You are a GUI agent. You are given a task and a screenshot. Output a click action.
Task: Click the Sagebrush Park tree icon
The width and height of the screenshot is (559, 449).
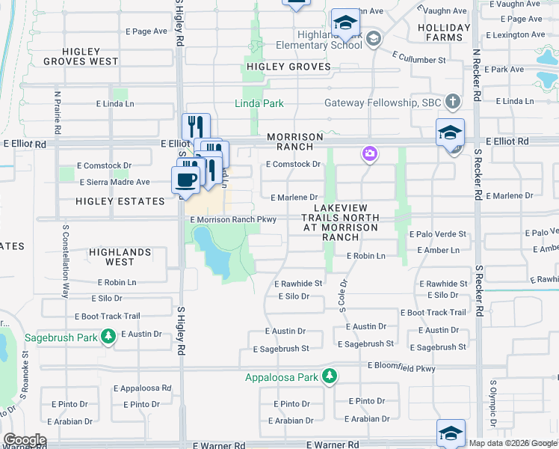pyautogui.click(x=109, y=337)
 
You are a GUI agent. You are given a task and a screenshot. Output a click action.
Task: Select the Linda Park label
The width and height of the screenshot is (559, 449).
pyautogui.click(x=259, y=103)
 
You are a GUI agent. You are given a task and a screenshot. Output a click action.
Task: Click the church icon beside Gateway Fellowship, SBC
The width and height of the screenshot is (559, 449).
pyautogui.click(x=452, y=101)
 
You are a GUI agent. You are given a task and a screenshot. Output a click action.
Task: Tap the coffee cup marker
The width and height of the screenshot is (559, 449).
pyautogui.click(x=185, y=180)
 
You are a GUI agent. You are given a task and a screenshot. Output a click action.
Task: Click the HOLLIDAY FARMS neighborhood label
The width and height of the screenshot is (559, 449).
pyautogui.click(x=444, y=33)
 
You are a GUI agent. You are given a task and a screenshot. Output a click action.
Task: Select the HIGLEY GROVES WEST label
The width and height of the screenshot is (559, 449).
pyautogui.click(x=81, y=56)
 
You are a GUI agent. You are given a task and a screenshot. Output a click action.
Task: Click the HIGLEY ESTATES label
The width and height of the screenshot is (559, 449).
pyautogui.click(x=120, y=201)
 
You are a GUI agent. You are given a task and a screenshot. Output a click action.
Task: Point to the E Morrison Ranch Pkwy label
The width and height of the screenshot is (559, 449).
pyautogui.click(x=233, y=220)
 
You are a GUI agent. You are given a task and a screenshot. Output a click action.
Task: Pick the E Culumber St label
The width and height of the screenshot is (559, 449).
pyautogui.click(x=420, y=59)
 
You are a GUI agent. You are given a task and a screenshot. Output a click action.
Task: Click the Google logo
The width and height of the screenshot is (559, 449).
pyautogui.click(x=25, y=440)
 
